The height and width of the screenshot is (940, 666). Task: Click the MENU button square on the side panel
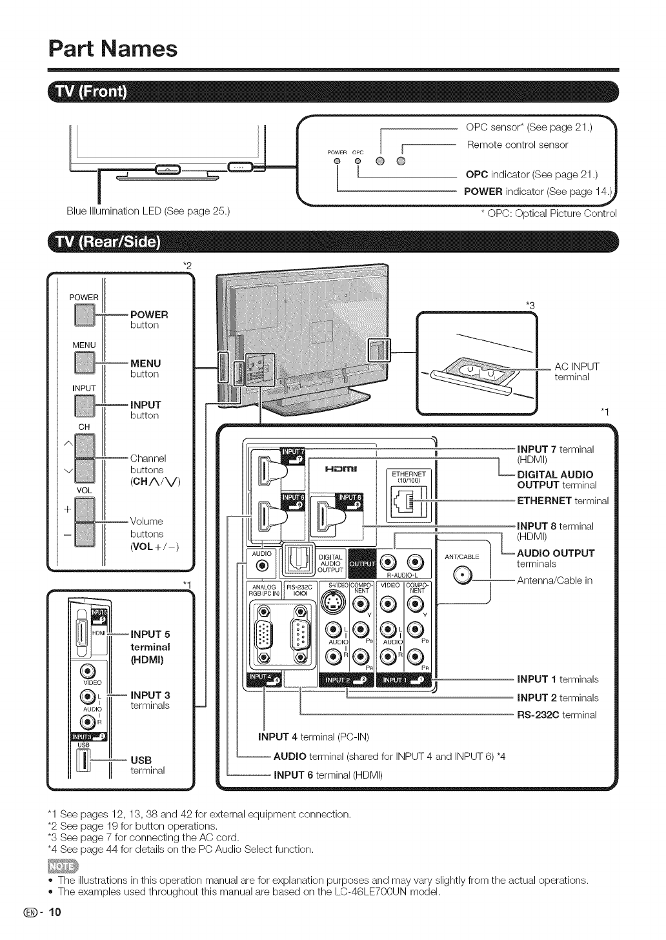click(x=84, y=364)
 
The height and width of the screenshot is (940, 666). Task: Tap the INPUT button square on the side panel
click(x=84, y=405)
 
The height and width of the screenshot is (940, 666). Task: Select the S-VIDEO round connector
click(x=334, y=604)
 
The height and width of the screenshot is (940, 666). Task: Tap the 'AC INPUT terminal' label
click(x=577, y=372)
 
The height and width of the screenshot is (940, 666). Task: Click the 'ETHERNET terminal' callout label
click(x=563, y=500)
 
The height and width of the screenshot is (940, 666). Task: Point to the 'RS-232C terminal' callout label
click(x=557, y=715)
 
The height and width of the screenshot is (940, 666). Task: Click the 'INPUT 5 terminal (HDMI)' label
click(x=150, y=647)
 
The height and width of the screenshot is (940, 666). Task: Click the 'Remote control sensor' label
click(x=518, y=145)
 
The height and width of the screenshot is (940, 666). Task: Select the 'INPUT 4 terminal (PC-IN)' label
click(x=312, y=737)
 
